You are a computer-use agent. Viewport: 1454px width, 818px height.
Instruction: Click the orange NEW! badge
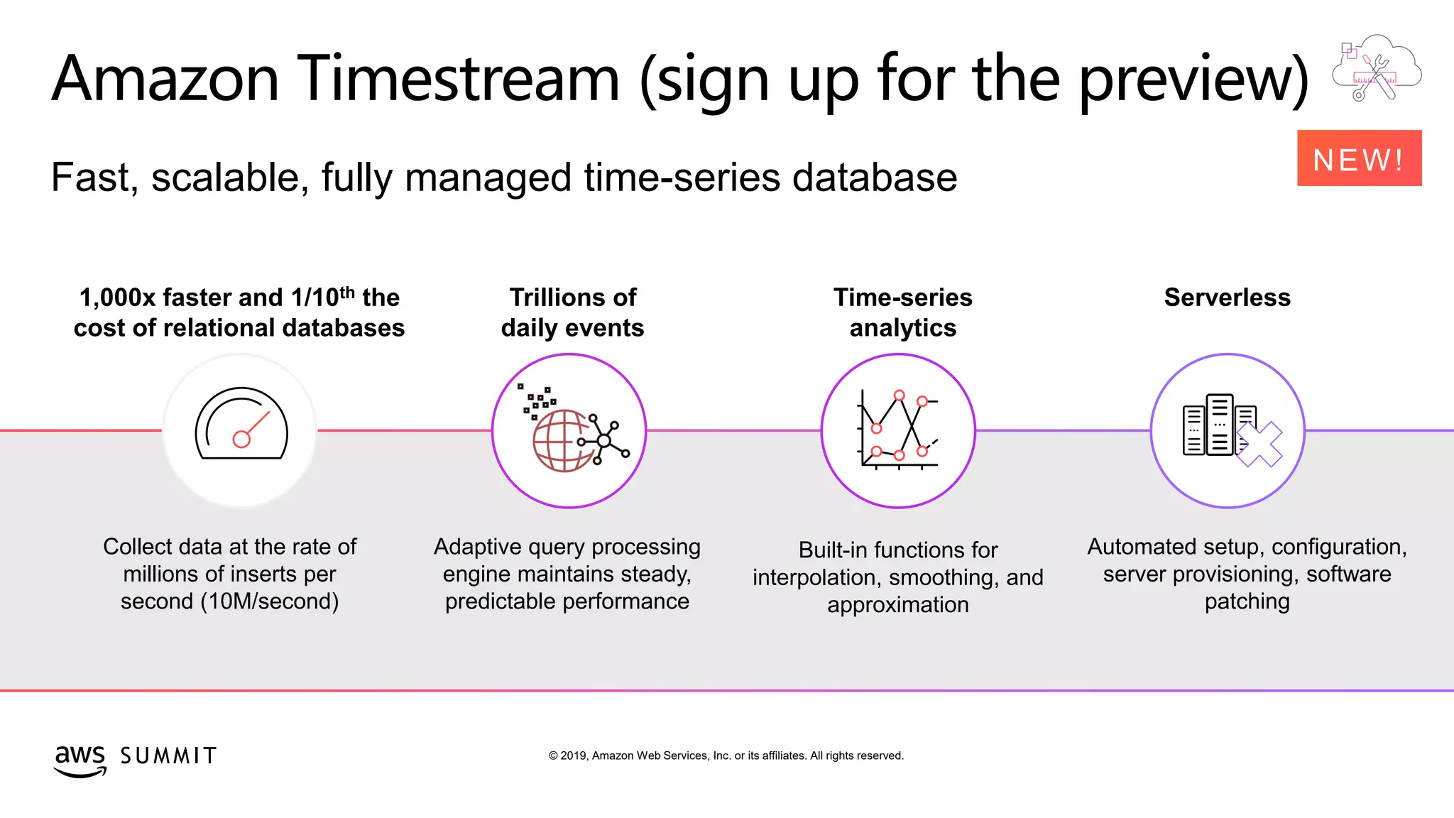click(x=1359, y=158)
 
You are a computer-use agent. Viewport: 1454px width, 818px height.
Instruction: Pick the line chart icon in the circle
click(x=899, y=430)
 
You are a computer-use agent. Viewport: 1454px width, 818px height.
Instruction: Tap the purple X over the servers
click(x=1259, y=445)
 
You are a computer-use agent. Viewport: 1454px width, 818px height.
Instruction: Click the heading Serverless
click(x=1227, y=298)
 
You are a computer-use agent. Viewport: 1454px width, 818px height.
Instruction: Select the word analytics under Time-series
click(x=902, y=328)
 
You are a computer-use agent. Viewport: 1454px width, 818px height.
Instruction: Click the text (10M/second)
click(x=269, y=601)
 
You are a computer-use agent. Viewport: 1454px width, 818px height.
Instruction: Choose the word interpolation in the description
click(x=816, y=577)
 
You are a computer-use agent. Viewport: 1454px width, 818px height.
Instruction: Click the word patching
click(x=1247, y=601)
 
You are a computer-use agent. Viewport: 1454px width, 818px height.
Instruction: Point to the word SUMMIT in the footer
click(x=168, y=756)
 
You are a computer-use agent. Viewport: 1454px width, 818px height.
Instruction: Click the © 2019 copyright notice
click(x=726, y=756)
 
